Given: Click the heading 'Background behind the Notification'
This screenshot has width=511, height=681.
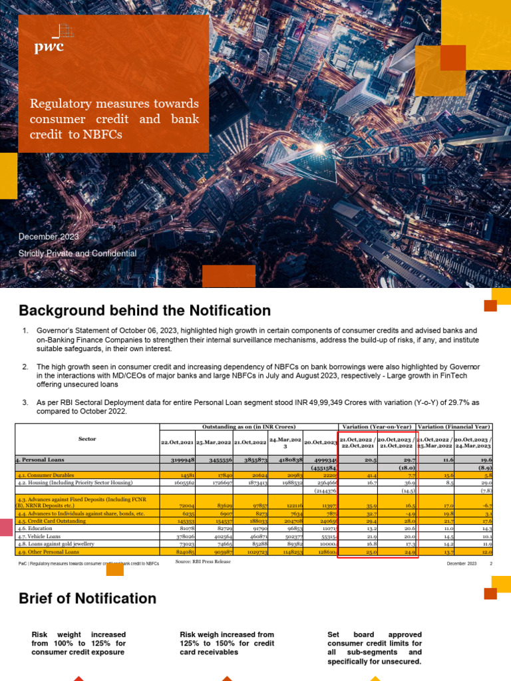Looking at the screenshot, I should (144, 311).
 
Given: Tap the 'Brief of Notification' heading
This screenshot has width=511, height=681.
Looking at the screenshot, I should (87, 599).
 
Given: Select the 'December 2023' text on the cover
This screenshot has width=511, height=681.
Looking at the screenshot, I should (49, 237).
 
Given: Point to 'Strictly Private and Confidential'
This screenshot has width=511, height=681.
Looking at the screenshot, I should (77, 253).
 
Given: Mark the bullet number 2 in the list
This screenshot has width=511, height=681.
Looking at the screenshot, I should (25, 366).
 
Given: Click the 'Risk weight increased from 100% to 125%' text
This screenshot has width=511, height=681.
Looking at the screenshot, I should (79, 643).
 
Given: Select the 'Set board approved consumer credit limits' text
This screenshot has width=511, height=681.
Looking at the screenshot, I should (375, 643).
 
